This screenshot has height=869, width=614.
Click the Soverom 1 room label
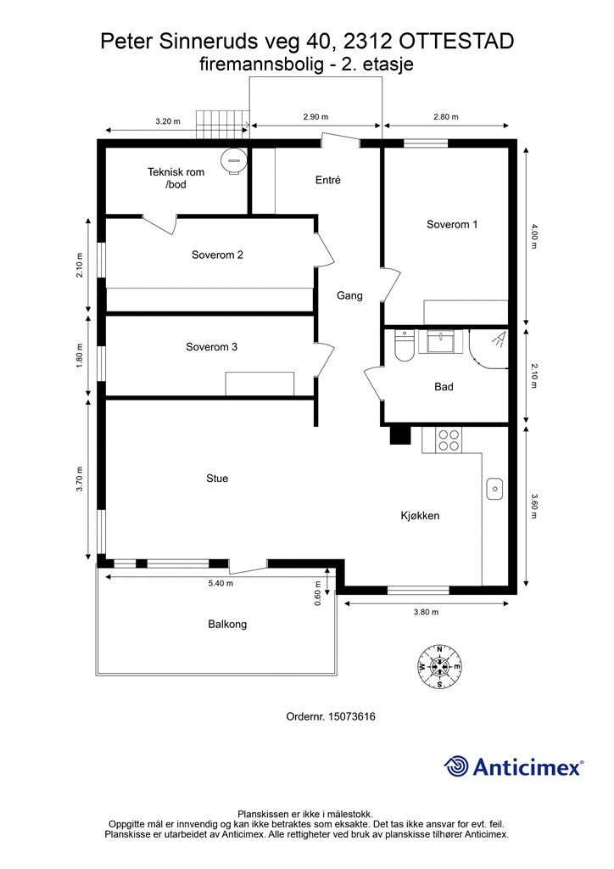(452, 225)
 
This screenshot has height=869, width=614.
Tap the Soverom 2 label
(218, 255)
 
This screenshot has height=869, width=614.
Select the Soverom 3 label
(211, 347)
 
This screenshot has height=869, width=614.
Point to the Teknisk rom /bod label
(176, 178)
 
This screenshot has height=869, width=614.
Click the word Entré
(327, 180)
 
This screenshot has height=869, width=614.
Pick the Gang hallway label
(349, 296)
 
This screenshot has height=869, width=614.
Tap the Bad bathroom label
(444, 387)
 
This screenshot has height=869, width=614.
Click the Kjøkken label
(420, 515)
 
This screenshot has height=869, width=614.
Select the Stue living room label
(217, 479)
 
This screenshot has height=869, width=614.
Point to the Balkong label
(227, 624)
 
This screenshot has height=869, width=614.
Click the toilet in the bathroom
(404, 348)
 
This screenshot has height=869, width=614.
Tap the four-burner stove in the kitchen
(448, 440)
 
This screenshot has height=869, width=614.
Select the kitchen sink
(495, 489)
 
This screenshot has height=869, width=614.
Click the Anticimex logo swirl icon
(457, 766)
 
